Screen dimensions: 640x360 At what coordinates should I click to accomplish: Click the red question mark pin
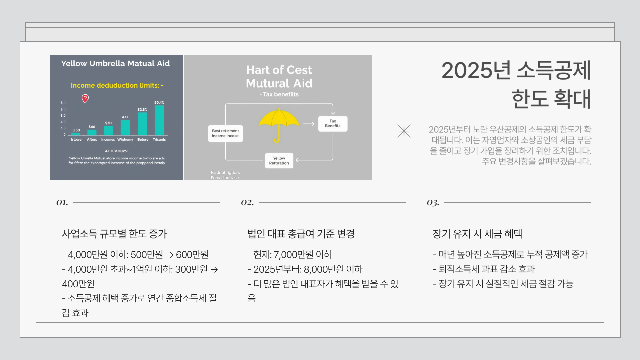[85, 98]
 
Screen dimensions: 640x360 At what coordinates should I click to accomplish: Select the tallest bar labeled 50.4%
[159, 120]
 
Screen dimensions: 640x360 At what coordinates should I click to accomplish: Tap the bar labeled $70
[108, 130]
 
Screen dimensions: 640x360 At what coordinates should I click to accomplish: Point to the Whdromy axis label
[125, 140]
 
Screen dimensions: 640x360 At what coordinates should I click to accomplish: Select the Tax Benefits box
[333, 124]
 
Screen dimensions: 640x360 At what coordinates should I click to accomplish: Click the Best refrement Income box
[225, 133]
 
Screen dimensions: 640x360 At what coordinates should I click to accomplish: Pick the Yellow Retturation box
[279, 161]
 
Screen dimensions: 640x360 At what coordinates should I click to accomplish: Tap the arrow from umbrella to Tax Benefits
[308, 124]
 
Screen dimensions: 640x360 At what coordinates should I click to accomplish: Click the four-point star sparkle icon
[404, 131]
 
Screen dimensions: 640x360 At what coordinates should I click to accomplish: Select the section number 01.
[62, 202]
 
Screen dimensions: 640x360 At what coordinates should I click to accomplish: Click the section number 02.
[247, 202]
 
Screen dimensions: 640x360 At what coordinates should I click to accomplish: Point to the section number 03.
[433, 202]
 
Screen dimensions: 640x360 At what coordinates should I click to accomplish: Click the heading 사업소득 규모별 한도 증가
[114, 234]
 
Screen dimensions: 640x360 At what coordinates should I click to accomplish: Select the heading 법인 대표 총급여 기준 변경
[301, 234]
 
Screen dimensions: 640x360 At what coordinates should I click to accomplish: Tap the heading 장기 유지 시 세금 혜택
[477, 234]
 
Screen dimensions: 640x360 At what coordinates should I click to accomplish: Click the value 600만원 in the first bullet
[192, 255]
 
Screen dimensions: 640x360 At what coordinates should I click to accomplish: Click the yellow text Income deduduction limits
[117, 85]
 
